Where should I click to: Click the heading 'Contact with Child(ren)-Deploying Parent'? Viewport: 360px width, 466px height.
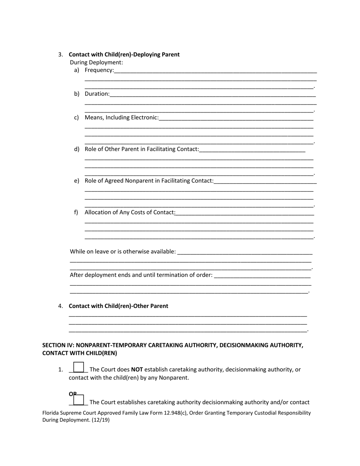pyautogui.click(x=124, y=55)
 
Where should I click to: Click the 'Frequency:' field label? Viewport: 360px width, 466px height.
pyautogui.click(x=99, y=70)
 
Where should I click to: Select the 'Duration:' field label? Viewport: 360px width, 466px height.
pyautogui.click(x=97, y=94)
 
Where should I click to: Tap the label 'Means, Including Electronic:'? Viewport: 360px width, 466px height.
pyautogui.click(x=122, y=117)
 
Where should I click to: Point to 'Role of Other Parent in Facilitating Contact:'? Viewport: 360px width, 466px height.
pyautogui.click(x=142, y=149)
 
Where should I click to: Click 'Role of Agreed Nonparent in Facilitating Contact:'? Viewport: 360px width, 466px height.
pyautogui.click(x=149, y=181)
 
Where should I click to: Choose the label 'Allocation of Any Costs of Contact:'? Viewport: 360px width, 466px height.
pyautogui.click(x=130, y=212)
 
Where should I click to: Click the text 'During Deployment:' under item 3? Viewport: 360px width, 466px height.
pyautogui.click(x=96, y=62)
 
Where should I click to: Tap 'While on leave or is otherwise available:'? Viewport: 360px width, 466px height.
pyautogui.click(x=123, y=252)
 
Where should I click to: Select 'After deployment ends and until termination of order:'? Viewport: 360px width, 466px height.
pyautogui.click(x=141, y=275)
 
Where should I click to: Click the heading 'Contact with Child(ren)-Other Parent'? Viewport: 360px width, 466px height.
pyautogui.click(x=118, y=306)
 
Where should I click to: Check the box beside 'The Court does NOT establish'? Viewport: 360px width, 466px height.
pyautogui.click(x=78, y=367)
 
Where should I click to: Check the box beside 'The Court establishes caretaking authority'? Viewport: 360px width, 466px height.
pyautogui.click(x=78, y=400)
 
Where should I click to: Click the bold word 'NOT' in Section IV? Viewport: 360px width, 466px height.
pyautogui.click(x=137, y=369)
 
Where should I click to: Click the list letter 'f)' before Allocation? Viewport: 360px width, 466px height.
pyautogui.click(x=76, y=212)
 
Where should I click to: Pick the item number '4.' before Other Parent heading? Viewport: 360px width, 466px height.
pyautogui.click(x=61, y=306)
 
